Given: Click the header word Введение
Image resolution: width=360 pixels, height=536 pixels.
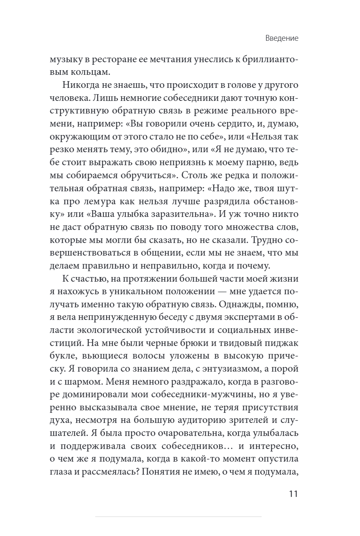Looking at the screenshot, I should coord(282,38).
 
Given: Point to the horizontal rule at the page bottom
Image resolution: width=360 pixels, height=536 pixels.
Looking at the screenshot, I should coord(178,516).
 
